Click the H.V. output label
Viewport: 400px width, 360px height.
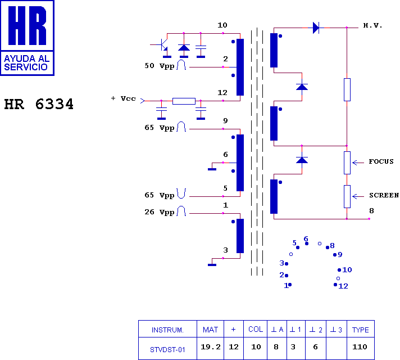pyautogui.click(x=372, y=25)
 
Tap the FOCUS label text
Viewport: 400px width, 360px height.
pyautogui.click(x=381, y=161)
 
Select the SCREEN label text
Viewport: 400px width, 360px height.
pyautogui.click(x=384, y=195)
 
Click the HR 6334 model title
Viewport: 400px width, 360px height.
pyautogui.click(x=39, y=104)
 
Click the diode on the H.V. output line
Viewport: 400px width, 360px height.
pyautogui.click(x=316, y=28)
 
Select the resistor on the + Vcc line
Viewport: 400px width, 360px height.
pyautogui.click(x=184, y=101)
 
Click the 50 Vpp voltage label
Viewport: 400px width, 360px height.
pyautogui.click(x=160, y=66)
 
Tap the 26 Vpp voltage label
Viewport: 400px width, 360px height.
pyautogui.click(x=160, y=212)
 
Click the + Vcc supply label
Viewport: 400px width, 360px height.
pyautogui.click(x=124, y=98)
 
